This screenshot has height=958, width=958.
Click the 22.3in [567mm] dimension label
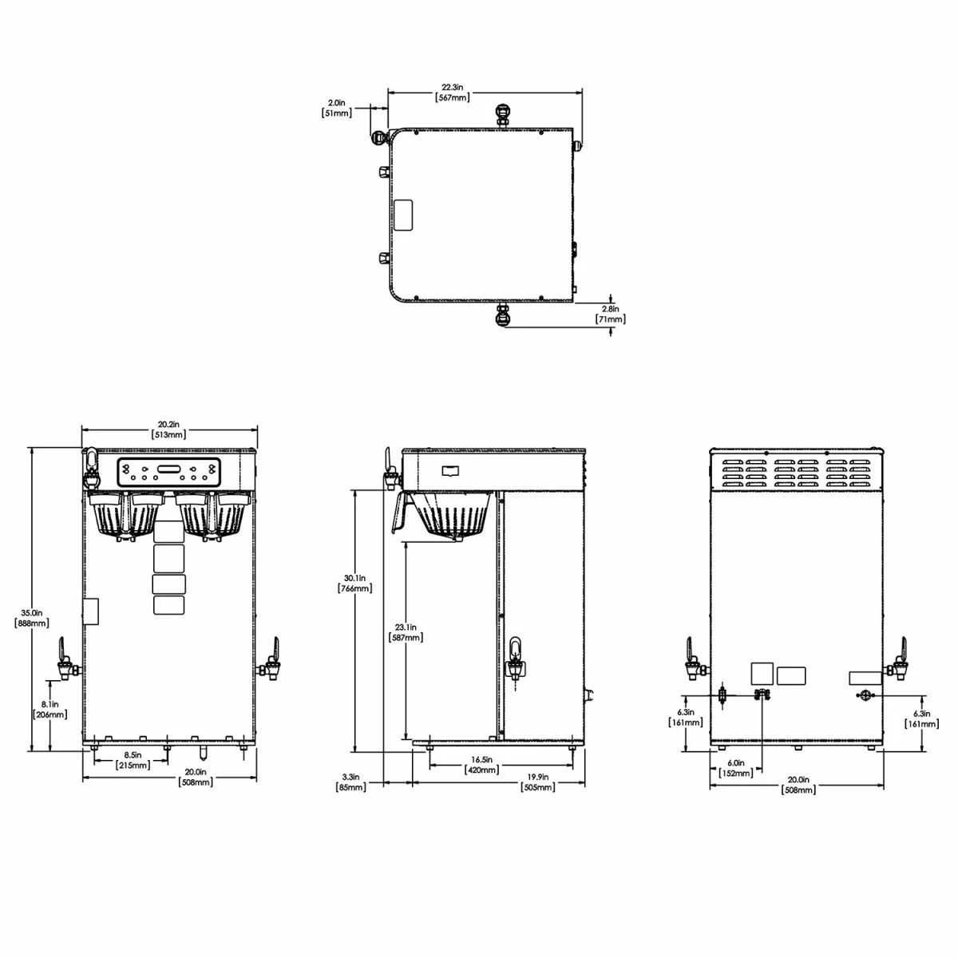(x=452, y=92)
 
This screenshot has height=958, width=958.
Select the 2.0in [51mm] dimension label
(x=336, y=108)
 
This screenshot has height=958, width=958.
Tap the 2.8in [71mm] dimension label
(x=611, y=314)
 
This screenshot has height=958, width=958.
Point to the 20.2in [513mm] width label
(x=168, y=430)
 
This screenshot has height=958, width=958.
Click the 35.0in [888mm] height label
(x=32, y=617)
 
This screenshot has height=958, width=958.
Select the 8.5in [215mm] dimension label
(x=133, y=760)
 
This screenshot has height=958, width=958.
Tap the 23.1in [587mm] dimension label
(x=406, y=632)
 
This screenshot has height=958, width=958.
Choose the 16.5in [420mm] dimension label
(x=482, y=765)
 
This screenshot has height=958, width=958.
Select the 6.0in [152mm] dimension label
(x=735, y=767)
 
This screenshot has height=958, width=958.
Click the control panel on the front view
(x=168, y=473)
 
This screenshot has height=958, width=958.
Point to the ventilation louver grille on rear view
(x=796, y=473)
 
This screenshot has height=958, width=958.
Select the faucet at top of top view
(x=503, y=114)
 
